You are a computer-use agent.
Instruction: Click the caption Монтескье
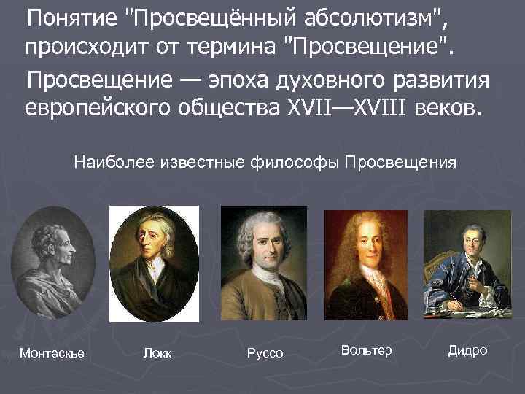point(52,354)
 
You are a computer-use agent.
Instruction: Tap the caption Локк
point(158,354)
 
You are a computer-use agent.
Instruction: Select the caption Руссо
point(265,354)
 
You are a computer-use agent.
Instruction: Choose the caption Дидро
point(467,351)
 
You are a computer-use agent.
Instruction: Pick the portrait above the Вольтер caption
point(366,264)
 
